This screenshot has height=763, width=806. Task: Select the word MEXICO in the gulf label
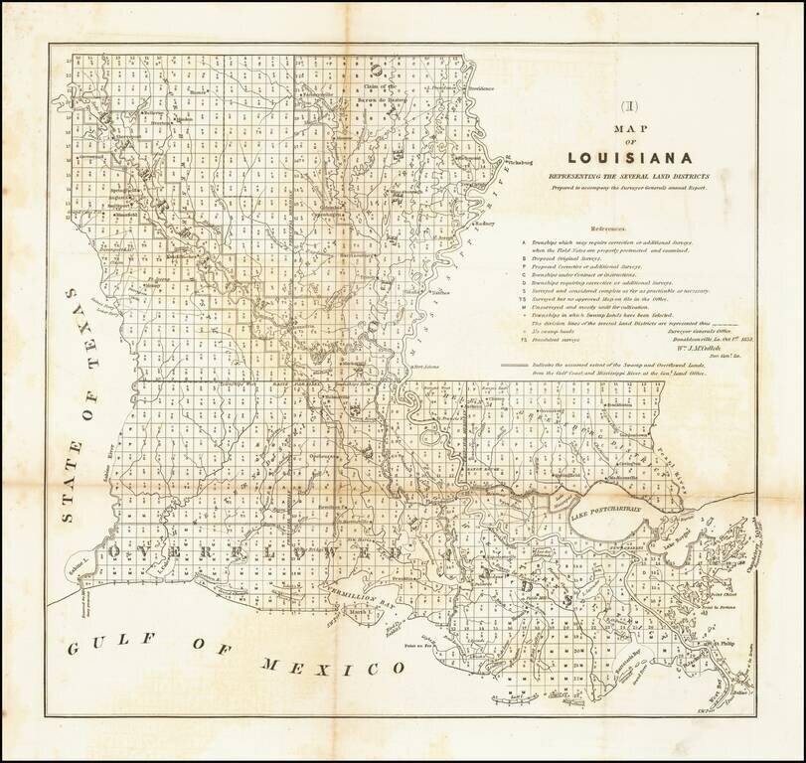point(322,667)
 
